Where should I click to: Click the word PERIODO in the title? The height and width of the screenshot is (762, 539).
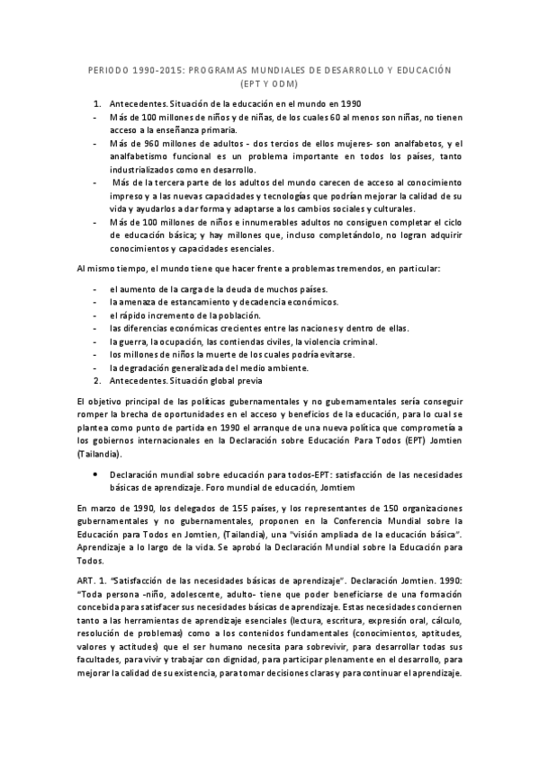coord(112,69)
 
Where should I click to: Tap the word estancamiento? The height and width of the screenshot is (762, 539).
coord(199,303)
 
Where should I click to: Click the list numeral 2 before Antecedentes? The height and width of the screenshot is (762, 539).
coord(97,381)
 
